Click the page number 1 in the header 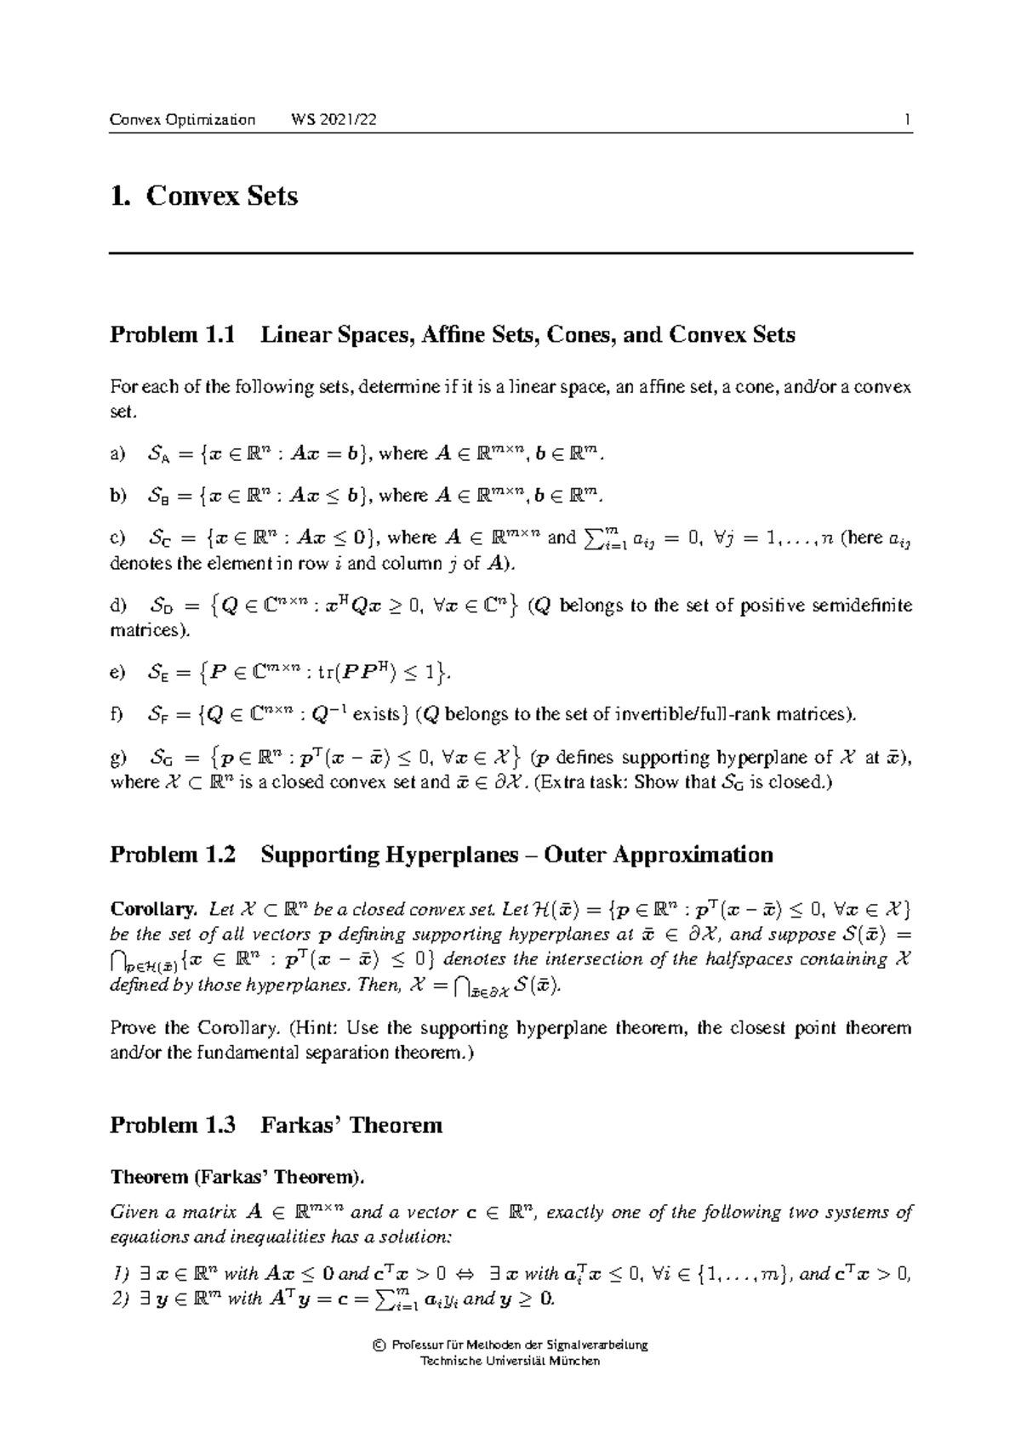[x=908, y=120]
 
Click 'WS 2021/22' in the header [x=334, y=120]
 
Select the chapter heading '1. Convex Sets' [x=204, y=196]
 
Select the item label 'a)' [x=117, y=454]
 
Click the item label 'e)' [x=117, y=674]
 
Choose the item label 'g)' [x=117, y=758]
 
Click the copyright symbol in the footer [x=377, y=1345]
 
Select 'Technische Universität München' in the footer [x=510, y=1361]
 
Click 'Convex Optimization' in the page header [x=182, y=120]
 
